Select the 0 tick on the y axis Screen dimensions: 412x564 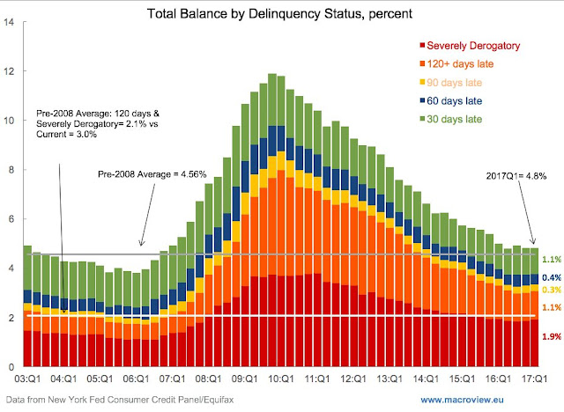[12, 366]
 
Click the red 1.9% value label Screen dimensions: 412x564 [551, 337]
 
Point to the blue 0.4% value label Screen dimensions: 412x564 [551, 277]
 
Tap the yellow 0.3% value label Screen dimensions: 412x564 [551, 290]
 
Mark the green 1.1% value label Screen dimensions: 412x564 [551, 260]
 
